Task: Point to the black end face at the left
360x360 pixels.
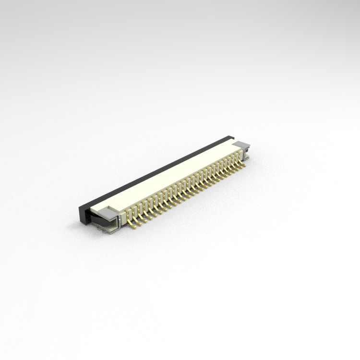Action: [x=84, y=214]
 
